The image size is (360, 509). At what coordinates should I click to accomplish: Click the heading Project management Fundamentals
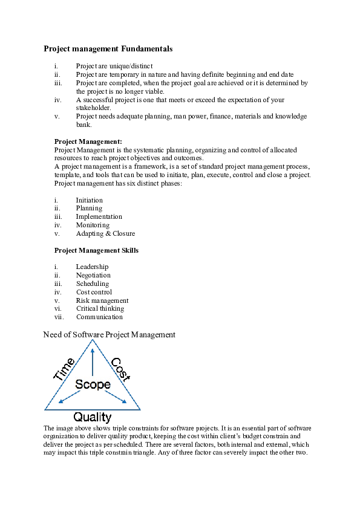pyautogui.click(x=108, y=48)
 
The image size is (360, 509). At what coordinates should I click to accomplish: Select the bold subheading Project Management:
pyautogui.click(x=88, y=141)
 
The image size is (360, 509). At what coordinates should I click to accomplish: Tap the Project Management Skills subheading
pyautogui.click(x=96, y=250)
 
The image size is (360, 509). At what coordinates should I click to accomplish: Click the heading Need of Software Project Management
pyautogui.click(x=110, y=334)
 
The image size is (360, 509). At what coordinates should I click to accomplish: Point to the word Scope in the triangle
pyautogui.click(x=93, y=384)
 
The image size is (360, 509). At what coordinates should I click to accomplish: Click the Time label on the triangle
pyautogui.click(x=65, y=369)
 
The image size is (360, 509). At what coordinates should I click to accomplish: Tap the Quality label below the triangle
pyautogui.click(x=93, y=417)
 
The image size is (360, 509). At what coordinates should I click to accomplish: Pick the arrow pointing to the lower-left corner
pyautogui.click(x=70, y=397)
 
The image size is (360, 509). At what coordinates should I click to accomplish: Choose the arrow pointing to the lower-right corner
pyautogui.click(x=116, y=397)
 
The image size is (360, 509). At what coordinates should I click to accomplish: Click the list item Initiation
pyautogui.click(x=89, y=200)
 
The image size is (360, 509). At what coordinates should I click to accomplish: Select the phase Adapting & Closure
pyautogui.click(x=105, y=233)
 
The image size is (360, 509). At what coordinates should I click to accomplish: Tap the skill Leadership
pyautogui.click(x=92, y=267)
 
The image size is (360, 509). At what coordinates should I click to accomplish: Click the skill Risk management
pyautogui.click(x=102, y=300)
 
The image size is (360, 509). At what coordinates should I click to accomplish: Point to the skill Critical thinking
pyautogui.click(x=100, y=308)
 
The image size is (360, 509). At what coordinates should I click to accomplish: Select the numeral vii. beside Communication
pyautogui.click(x=59, y=317)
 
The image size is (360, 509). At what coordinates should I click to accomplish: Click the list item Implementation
pyautogui.click(x=99, y=216)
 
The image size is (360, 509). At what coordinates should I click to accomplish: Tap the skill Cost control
pyautogui.click(x=94, y=292)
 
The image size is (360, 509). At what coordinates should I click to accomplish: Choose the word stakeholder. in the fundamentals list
pyautogui.click(x=93, y=108)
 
